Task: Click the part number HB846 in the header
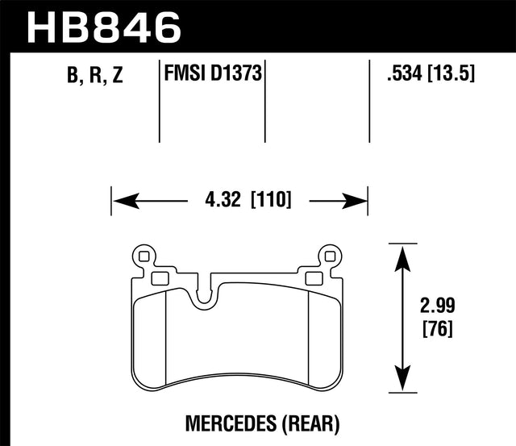[x=102, y=26]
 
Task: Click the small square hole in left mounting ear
[x=144, y=257]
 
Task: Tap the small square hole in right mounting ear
[x=327, y=257]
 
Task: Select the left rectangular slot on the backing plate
[x=158, y=280]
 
